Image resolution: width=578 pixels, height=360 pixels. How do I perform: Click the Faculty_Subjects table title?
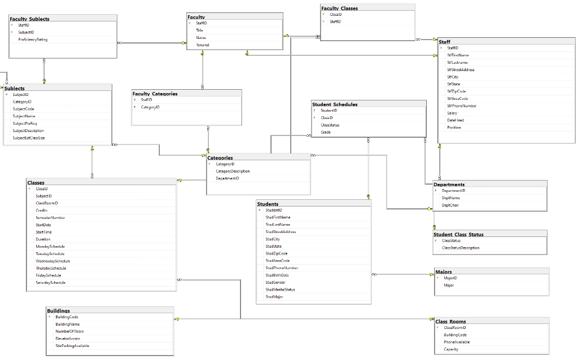point(29,19)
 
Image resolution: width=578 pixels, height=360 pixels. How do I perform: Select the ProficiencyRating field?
point(33,39)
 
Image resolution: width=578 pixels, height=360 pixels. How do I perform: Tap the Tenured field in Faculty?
point(203,45)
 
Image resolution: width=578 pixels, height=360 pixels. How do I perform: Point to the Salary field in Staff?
point(452,113)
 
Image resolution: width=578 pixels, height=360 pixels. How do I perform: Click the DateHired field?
point(456,120)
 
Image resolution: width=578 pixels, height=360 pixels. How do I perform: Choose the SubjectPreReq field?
point(25,123)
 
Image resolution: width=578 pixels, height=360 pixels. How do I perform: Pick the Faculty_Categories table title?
point(155,93)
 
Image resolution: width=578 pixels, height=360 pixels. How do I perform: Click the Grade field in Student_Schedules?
point(326,132)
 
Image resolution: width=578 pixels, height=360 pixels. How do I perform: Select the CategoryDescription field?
point(233,171)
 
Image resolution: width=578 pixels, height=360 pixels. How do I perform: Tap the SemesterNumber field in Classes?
point(50,217)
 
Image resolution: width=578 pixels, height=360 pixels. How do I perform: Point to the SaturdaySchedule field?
point(50,282)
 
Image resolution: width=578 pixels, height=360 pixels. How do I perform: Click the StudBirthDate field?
point(277,275)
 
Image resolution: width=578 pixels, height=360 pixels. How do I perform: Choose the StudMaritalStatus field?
point(280,289)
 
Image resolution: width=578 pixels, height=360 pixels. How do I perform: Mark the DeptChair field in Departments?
point(450,205)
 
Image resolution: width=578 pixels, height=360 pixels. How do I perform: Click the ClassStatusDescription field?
point(461,248)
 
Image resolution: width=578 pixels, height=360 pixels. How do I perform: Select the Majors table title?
point(444,272)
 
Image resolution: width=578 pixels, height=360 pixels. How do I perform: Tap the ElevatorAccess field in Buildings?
point(67,339)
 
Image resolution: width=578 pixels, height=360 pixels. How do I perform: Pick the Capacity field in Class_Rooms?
point(451,349)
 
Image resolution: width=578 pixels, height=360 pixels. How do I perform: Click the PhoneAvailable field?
point(457,342)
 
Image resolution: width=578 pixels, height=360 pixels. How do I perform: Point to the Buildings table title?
point(59,310)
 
